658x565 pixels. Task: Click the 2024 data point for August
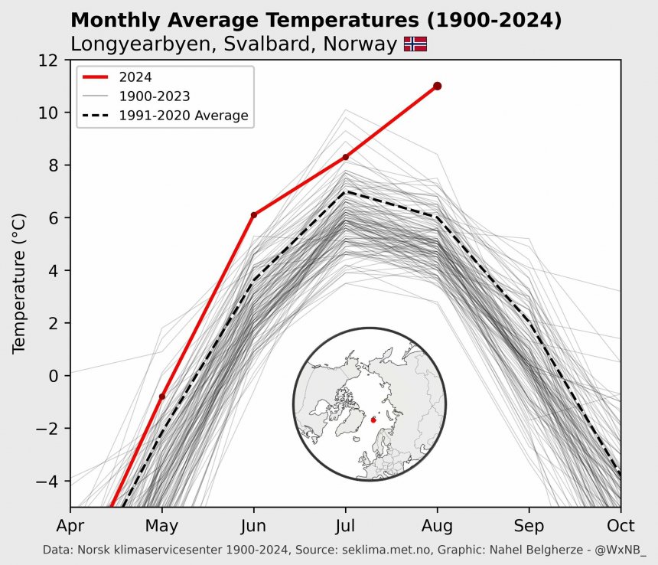click(x=437, y=86)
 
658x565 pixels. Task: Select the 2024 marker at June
click(x=253, y=215)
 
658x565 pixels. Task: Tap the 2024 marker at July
click(x=345, y=157)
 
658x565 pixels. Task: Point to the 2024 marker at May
click(x=161, y=397)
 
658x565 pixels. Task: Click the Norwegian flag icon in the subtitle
click(x=415, y=44)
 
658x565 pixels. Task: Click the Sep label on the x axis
click(x=529, y=526)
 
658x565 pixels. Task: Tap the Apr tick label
click(x=70, y=526)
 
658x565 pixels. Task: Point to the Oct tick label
click(x=620, y=526)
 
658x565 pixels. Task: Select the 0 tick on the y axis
click(x=54, y=376)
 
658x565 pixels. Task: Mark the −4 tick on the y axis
click(x=47, y=481)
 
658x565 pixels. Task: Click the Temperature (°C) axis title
click(x=20, y=283)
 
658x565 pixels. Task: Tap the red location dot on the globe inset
click(x=373, y=420)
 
